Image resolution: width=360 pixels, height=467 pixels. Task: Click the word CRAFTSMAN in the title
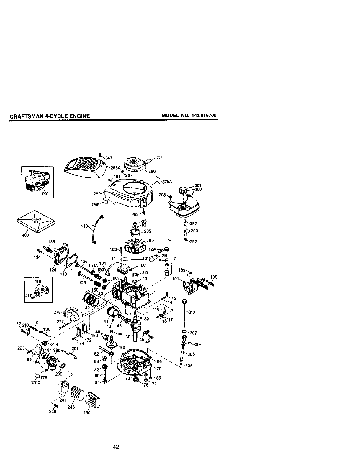point(26,116)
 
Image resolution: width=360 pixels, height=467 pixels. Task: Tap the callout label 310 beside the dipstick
point(192,312)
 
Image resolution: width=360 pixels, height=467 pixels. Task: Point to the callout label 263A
point(116,168)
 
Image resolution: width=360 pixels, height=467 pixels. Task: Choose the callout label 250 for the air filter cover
point(86,412)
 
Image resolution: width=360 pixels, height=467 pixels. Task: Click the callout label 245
point(71,407)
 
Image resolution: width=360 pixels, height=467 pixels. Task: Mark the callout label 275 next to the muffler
point(57,312)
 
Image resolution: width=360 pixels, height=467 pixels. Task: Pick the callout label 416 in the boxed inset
point(38,282)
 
